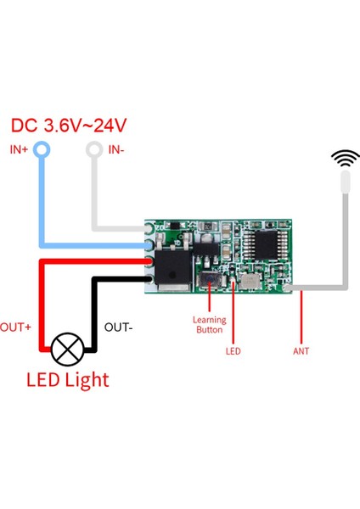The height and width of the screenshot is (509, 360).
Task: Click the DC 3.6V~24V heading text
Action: tap(69, 126)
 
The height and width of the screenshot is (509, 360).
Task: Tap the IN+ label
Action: tap(20, 149)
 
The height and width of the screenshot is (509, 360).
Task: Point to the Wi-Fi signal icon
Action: tap(345, 158)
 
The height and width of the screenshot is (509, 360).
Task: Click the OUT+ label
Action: tap(15, 327)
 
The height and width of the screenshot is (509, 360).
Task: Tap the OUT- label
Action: tap(118, 327)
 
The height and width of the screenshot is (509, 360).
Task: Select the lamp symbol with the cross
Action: tap(67, 349)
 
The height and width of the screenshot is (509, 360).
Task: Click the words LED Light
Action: tap(67, 379)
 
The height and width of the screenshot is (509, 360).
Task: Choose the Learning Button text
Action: tap(210, 324)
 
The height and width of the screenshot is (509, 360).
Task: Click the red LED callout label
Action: tap(233, 350)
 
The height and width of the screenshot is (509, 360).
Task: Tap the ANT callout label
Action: tap(301, 350)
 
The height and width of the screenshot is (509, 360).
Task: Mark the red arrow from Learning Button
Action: tap(209, 300)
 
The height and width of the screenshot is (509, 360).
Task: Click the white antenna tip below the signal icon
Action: tap(345, 182)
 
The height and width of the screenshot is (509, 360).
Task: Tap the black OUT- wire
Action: tap(95, 314)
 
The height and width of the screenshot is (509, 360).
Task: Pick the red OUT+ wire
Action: tap(40, 305)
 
